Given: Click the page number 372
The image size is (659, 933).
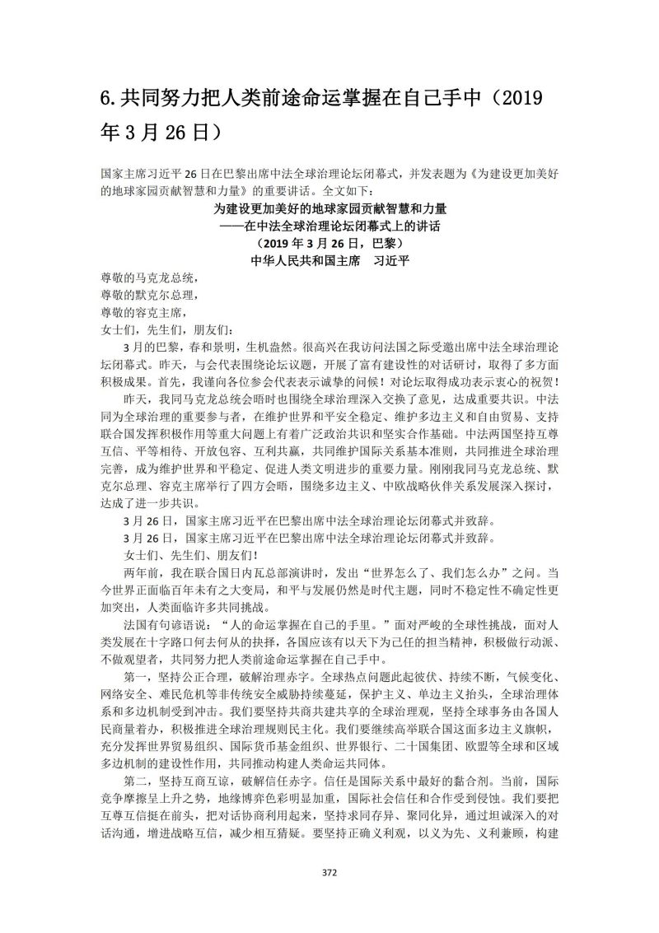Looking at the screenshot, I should pos(329,872).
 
